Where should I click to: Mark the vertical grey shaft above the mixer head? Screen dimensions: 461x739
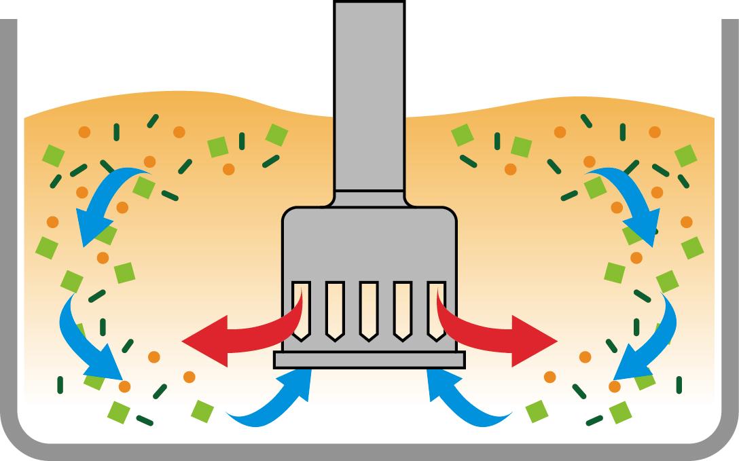click(369, 95)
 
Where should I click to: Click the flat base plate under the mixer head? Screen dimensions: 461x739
click(369, 360)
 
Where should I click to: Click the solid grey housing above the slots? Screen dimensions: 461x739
click(369, 244)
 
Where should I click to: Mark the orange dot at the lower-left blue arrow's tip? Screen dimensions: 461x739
click(124, 386)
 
